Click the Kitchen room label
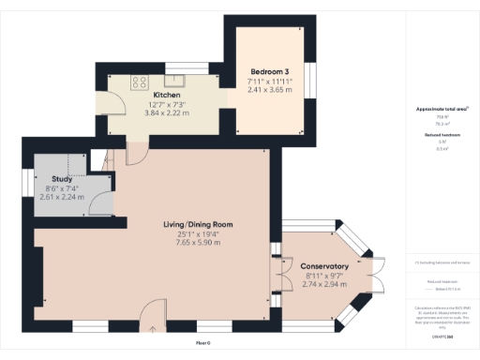(166, 95)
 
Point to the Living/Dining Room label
(198, 225)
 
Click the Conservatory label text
(326, 267)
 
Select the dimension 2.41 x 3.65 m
(270, 90)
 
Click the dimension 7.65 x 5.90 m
(198, 243)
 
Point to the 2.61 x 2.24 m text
(62, 198)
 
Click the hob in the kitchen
(140, 80)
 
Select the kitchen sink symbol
(172, 80)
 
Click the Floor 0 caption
(202, 344)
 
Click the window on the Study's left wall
(26, 183)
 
